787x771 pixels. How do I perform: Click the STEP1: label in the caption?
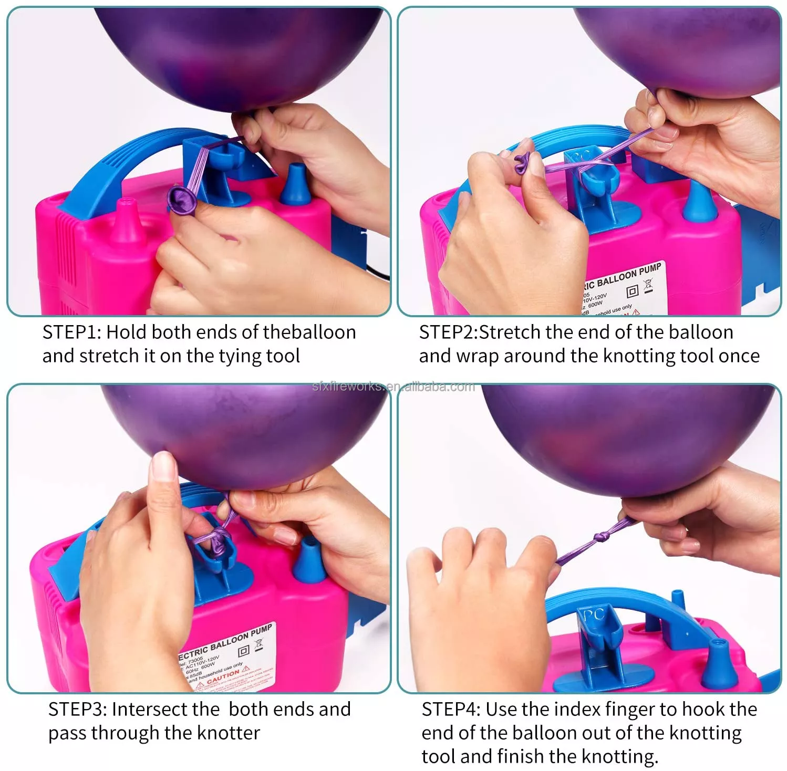pos(72,332)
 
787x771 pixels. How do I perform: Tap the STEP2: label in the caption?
pos(448,332)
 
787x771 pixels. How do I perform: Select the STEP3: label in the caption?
pos(78,710)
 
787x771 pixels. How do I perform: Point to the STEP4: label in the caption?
pos(451,710)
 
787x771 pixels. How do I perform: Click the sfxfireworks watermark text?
pos(393,387)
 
